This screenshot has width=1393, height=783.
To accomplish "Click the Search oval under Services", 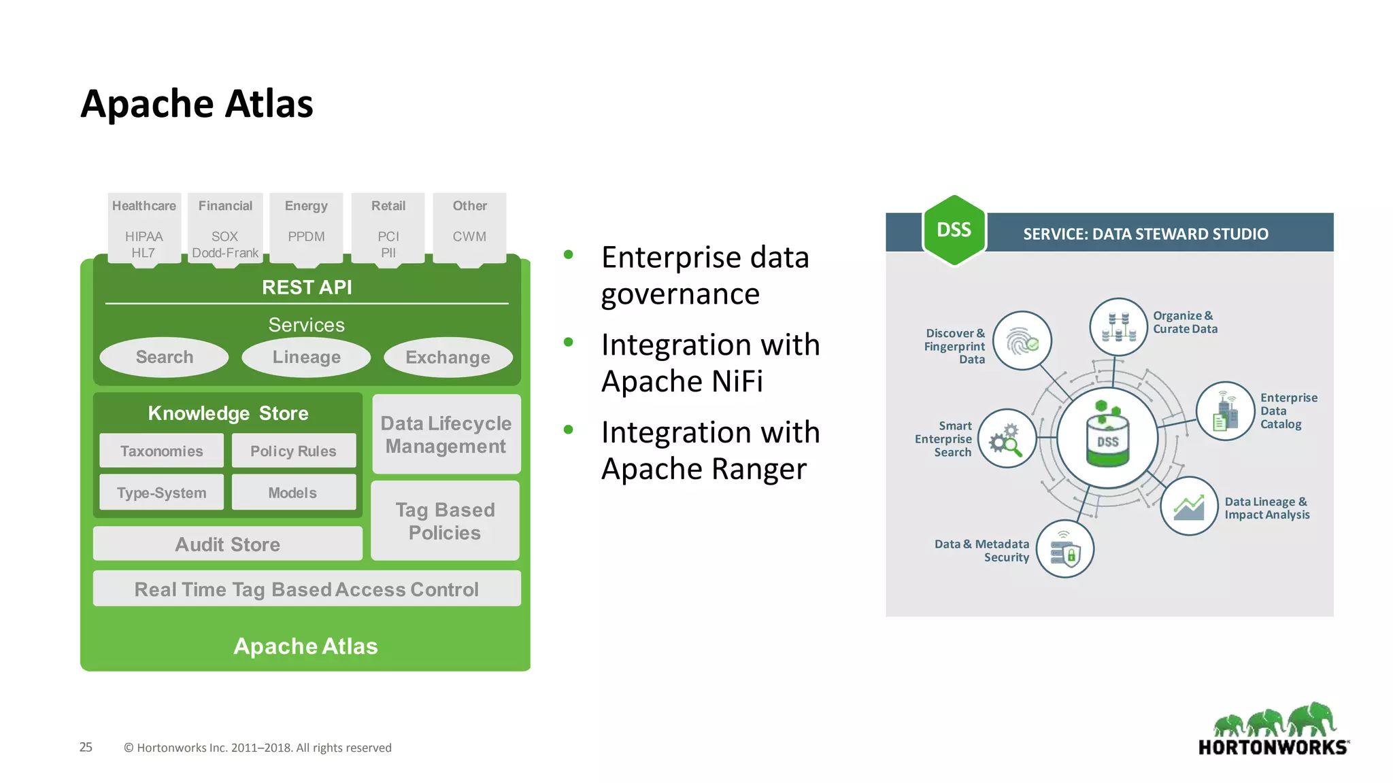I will [x=164, y=357].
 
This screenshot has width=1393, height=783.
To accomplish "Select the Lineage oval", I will [x=306, y=357].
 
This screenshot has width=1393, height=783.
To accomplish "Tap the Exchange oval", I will [x=448, y=358].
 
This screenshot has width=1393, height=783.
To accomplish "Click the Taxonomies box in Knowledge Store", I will [x=161, y=451].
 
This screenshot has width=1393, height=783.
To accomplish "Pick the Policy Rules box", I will [x=293, y=451].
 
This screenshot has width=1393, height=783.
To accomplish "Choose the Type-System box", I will [x=161, y=492].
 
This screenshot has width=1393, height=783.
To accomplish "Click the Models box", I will [x=293, y=492].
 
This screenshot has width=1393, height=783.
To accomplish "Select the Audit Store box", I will [x=227, y=544].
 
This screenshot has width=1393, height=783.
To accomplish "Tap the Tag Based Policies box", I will [x=445, y=521].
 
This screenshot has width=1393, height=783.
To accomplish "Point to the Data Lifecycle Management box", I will [x=446, y=434].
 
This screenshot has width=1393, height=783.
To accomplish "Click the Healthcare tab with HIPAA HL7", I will [x=144, y=228].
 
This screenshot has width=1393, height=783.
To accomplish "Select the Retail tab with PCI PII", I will [x=388, y=228].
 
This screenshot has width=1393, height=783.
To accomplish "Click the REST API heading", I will [x=307, y=288].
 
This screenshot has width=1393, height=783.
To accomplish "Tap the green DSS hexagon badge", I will [x=954, y=230].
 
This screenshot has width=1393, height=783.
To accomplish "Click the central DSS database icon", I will [x=1107, y=438].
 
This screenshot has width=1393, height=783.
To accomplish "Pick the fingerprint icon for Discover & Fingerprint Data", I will [x=1022, y=341].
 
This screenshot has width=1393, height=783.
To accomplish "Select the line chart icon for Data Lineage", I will [x=1188, y=506].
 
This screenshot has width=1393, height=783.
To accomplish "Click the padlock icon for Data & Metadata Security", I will [x=1065, y=549].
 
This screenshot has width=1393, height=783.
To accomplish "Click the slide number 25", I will [x=86, y=747].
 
